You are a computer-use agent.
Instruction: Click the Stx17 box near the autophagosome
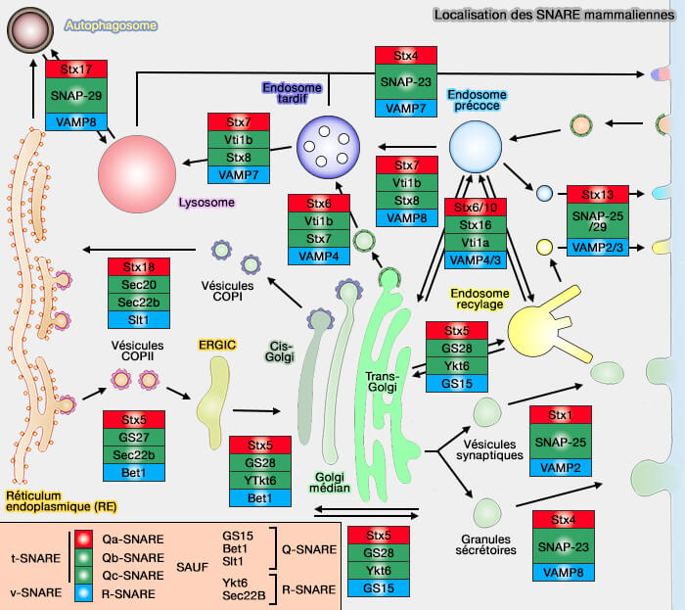click(75, 70)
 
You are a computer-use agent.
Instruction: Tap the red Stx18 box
click(139, 266)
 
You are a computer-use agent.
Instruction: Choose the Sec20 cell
click(139, 284)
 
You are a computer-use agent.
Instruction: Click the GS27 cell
click(134, 438)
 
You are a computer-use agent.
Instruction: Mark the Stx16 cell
click(476, 225)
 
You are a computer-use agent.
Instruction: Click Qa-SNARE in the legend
click(138, 539)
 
